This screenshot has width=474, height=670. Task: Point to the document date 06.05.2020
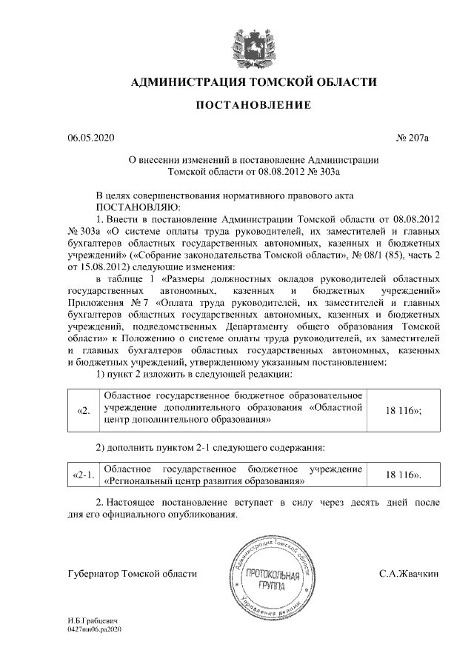(91, 138)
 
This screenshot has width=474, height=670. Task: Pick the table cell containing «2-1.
(84, 475)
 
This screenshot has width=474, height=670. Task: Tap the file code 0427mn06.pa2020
(94, 628)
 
